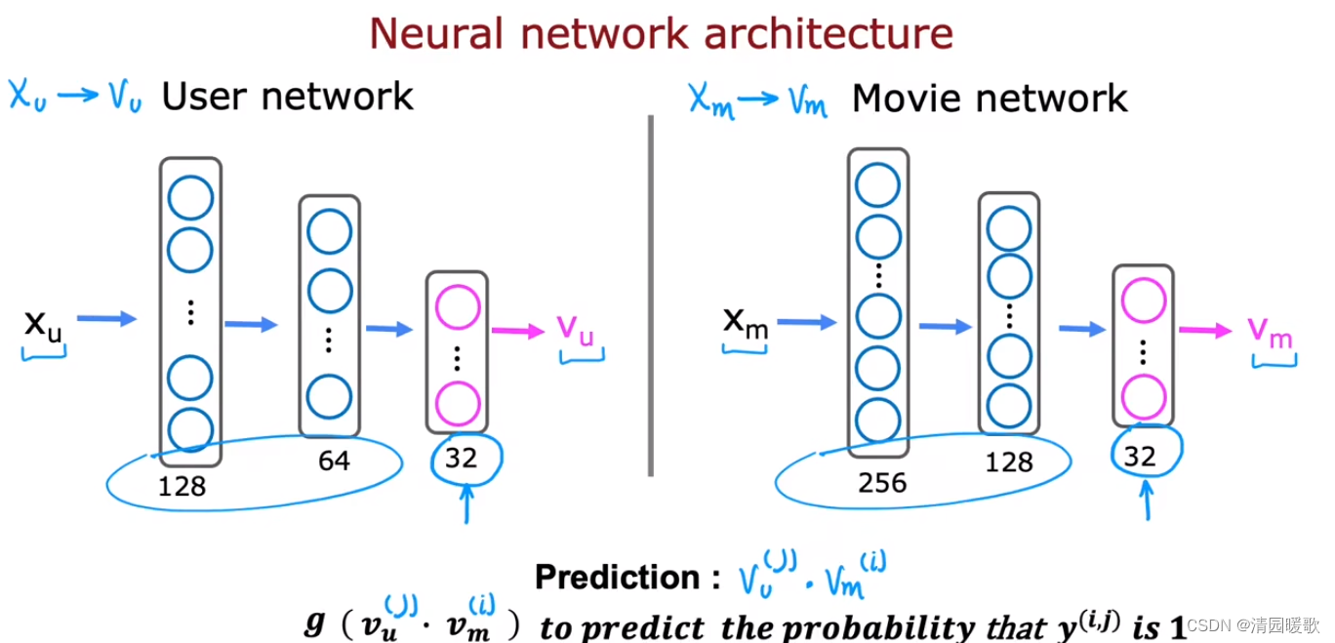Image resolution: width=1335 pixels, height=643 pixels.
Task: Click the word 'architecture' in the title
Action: point(829,33)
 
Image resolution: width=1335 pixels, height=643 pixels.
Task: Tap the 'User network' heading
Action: point(287,97)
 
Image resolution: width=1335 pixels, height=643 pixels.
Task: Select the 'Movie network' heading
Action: point(990,99)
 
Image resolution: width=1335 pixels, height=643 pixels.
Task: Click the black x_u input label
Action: point(43,327)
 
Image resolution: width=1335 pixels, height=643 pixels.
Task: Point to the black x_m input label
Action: point(746,324)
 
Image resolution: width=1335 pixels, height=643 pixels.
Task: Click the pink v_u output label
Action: point(576,330)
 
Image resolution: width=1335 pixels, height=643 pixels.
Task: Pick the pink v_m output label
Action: point(1270,333)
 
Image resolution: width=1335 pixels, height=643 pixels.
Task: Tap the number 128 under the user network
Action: point(182,486)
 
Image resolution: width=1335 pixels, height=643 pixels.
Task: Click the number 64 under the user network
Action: point(335,461)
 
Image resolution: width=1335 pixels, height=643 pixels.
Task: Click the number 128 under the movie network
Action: point(1009,462)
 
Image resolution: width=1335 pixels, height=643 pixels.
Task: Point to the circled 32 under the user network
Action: point(462,459)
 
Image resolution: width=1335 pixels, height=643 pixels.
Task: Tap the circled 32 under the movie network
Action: point(1140,457)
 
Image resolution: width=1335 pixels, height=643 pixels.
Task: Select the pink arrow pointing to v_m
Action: point(1205,330)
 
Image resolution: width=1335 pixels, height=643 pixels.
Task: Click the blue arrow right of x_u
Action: point(106,319)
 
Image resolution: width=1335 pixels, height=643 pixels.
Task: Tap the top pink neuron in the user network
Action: point(457,307)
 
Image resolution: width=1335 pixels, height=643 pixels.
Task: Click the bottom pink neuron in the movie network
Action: point(1144,397)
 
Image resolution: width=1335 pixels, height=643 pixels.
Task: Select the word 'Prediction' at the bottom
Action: point(618,577)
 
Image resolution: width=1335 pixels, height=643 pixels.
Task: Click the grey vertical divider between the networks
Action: point(651,297)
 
